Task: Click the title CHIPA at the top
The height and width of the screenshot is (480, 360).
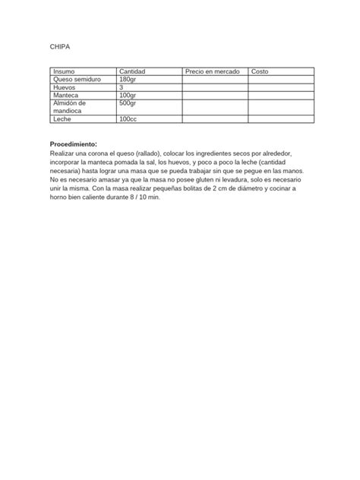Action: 59,47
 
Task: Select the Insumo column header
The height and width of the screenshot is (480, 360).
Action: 64,71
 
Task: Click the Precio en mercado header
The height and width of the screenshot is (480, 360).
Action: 213,71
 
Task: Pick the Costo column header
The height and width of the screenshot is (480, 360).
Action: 260,71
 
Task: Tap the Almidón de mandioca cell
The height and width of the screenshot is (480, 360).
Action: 69,106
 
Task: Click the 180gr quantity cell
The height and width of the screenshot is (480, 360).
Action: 128,80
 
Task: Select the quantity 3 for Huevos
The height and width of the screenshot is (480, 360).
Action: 122,87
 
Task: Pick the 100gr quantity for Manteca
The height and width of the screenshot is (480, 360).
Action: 128,95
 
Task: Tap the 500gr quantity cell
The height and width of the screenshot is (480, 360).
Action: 128,103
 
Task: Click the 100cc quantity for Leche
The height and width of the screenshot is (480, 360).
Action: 128,119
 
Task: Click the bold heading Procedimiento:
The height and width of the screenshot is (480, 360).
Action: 74,144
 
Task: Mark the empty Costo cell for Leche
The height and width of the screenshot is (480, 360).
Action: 280,119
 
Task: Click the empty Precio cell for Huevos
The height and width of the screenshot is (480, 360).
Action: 215,87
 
